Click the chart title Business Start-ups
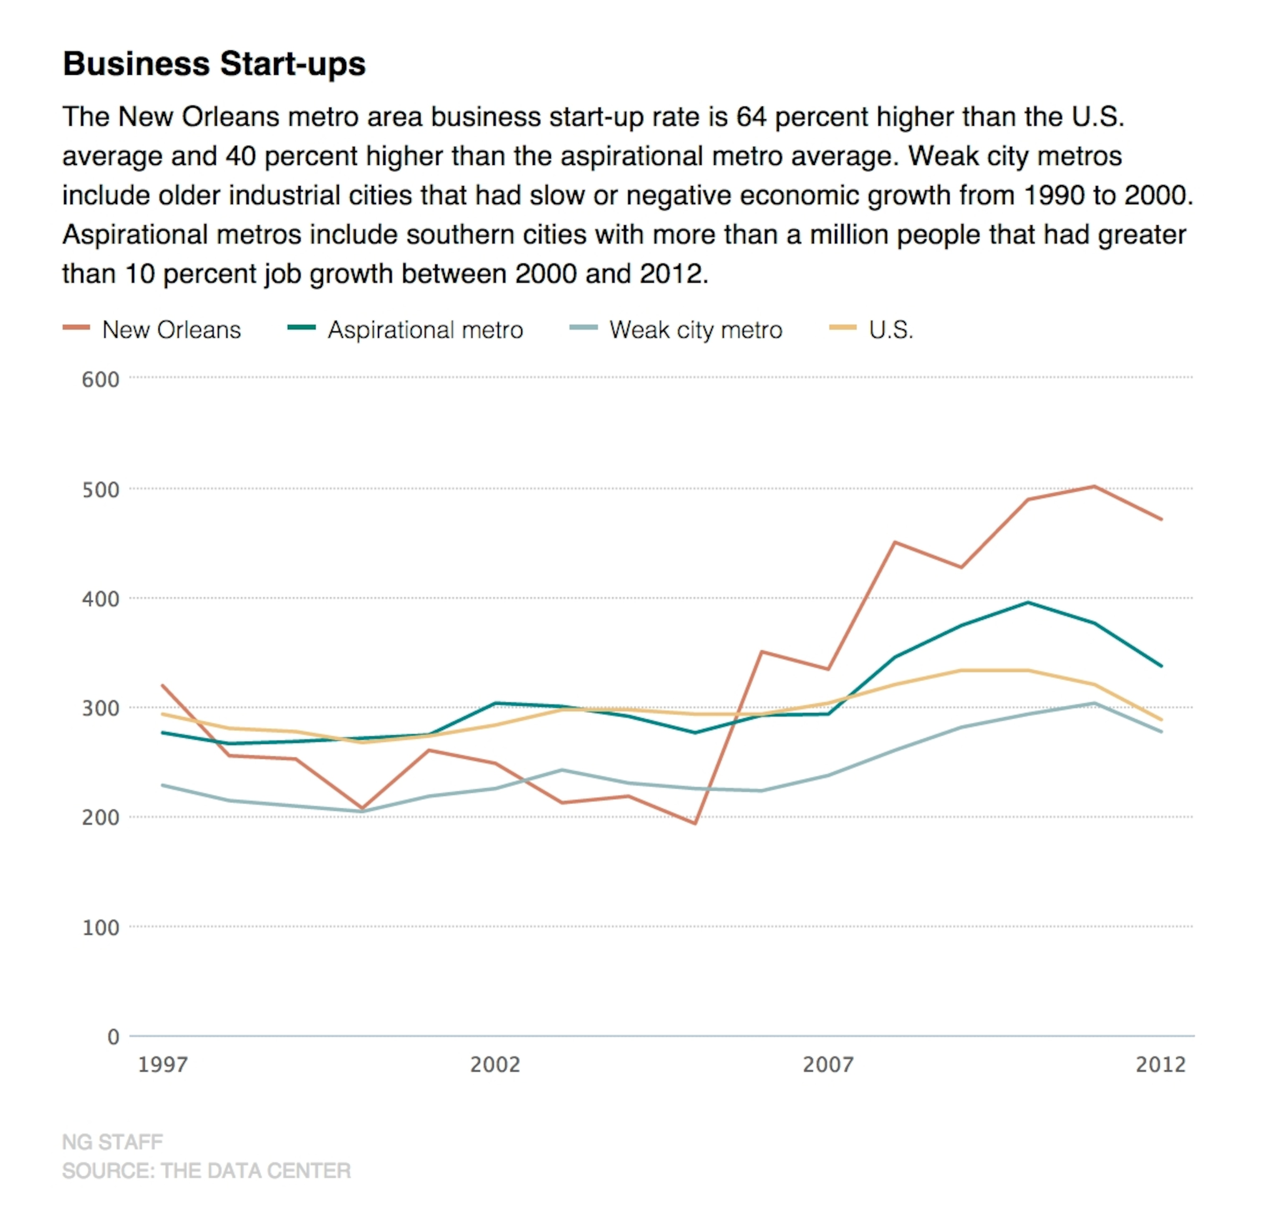(214, 64)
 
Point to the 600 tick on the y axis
(101, 380)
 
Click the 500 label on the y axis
(101, 490)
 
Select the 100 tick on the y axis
(101, 928)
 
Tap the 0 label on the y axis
(114, 1038)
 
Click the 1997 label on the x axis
(163, 1065)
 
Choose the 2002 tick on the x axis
(495, 1065)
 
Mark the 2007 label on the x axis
(829, 1065)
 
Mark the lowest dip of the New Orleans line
(695, 824)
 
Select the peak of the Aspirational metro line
(1027, 602)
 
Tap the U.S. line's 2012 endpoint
(1162, 720)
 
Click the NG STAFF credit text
(112, 1142)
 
